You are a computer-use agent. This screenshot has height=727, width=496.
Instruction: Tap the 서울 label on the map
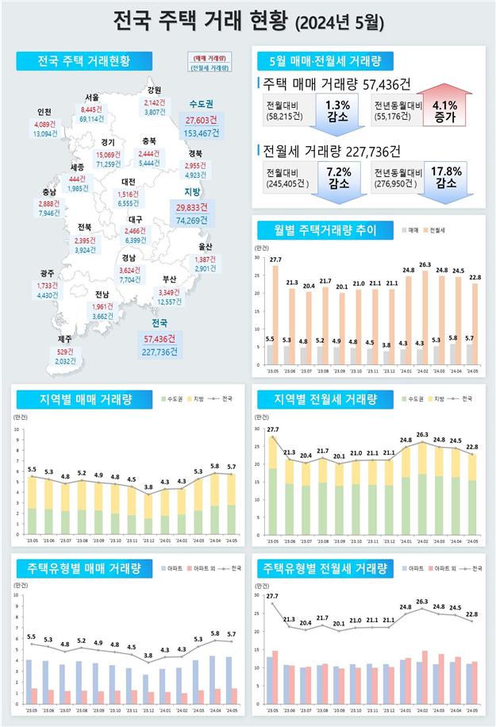point(94,98)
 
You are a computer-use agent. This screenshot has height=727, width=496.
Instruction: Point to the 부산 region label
point(169,279)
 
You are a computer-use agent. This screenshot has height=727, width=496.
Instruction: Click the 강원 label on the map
point(154,90)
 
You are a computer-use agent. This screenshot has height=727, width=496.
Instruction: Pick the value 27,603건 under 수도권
point(190,118)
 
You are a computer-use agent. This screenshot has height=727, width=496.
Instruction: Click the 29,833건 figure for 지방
point(191,207)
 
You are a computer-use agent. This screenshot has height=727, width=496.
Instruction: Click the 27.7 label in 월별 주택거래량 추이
point(275,260)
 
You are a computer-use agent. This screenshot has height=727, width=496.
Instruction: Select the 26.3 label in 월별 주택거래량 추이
point(425,264)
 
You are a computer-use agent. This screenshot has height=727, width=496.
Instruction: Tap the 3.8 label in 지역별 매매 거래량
point(148,487)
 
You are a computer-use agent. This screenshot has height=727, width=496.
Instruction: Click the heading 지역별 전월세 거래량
point(324,398)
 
